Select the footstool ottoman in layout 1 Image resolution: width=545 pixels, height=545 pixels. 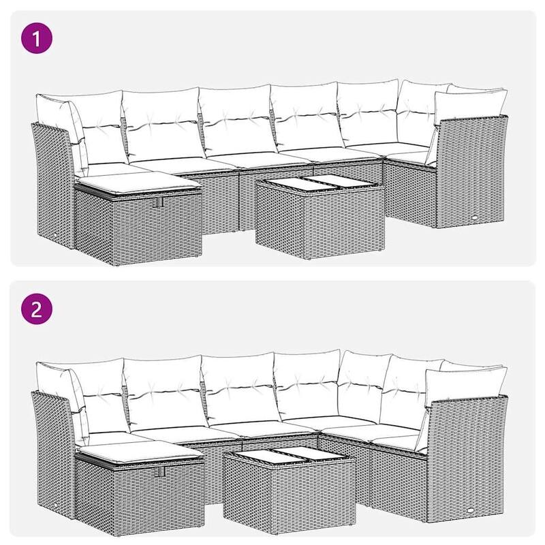click(140, 218)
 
